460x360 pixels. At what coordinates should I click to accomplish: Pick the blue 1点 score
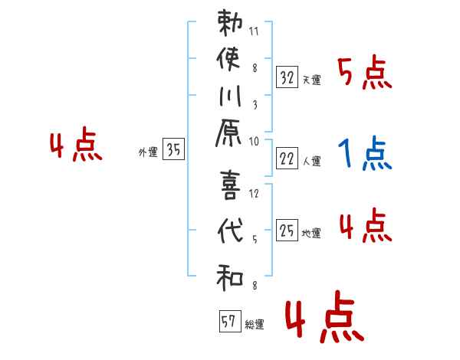[x=365, y=155]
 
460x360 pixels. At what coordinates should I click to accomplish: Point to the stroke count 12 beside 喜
[x=255, y=193]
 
